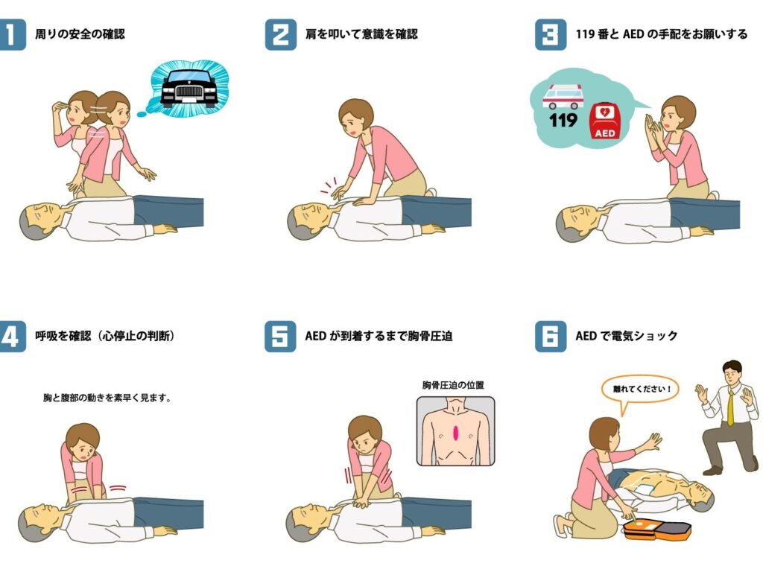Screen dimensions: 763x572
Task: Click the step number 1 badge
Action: tap(12, 34)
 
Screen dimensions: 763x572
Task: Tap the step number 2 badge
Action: tap(280, 34)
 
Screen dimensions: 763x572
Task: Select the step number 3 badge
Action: tap(551, 34)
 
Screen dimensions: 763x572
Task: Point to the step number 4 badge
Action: tap(12, 336)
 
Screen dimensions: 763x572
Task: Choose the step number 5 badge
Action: tap(280, 336)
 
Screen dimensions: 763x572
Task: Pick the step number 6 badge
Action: tap(551, 336)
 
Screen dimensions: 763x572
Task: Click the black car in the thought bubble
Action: tap(189, 89)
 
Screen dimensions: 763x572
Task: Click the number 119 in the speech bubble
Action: tap(563, 120)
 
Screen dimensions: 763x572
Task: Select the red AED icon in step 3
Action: tap(604, 121)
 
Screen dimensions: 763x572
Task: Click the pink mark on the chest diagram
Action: tap(456, 433)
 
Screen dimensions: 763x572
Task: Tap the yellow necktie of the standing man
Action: tap(730, 407)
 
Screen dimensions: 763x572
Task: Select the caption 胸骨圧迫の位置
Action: tap(453, 385)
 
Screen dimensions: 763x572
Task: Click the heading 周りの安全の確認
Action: tap(80, 34)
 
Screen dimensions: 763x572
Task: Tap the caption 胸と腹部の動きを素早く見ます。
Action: tap(107, 398)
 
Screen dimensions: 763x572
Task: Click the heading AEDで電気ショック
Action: tap(626, 336)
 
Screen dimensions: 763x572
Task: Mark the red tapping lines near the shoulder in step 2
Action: tap(329, 186)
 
